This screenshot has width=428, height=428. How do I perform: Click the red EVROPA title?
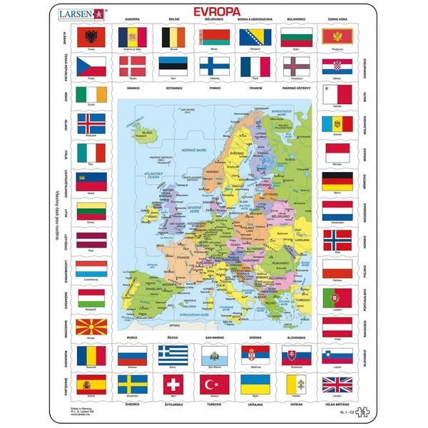tap(213, 12)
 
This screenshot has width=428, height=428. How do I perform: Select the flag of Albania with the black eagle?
tap(91, 36)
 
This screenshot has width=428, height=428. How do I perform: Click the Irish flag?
tap(91, 95)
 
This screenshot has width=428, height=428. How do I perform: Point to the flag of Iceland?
tap(91, 123)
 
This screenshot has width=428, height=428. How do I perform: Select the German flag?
tap(337, 180)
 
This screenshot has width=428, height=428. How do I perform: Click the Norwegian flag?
tap(337, 238)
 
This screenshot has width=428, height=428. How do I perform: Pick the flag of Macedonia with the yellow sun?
tap(91, 326)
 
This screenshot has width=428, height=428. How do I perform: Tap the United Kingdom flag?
tap(337, 383)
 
